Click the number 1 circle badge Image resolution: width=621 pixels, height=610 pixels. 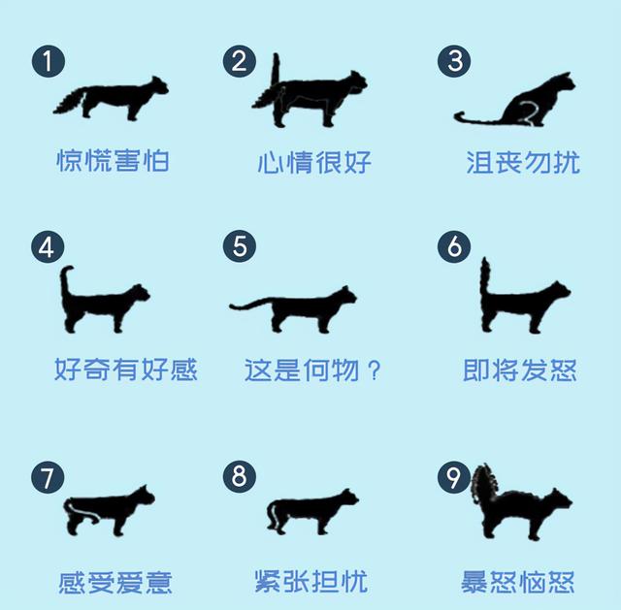(49, 61)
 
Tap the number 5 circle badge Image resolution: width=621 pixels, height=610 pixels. (240, 245)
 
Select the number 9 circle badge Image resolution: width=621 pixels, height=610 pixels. (454, 476)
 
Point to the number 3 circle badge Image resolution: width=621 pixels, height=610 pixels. (454, 61)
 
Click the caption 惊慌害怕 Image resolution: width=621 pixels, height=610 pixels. (113, 160)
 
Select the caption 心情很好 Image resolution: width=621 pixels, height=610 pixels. (314, 162)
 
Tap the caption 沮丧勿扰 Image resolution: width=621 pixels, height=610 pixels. (523, 162)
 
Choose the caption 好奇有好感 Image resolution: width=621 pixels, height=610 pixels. (126, 369)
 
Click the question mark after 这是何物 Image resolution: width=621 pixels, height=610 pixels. (374, 370)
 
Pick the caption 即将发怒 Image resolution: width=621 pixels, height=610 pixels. (520, 370)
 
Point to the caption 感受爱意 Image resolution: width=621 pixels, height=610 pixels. (115, 582)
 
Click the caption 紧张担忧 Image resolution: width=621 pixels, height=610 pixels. (311, 581)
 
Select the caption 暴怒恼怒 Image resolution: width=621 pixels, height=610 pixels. (517, 582)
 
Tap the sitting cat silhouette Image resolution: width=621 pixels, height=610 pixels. (523, 104)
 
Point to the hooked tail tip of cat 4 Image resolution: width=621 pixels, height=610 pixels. (68, 270)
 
